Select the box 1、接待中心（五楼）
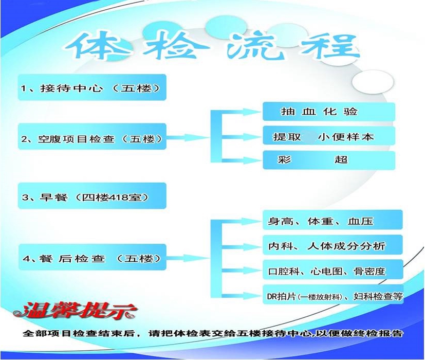click(92, 87)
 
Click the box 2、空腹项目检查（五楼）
click(92, 136)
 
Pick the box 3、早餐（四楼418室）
click(92, 195)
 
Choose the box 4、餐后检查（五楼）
click(92, 257)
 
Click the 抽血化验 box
click(329, 112)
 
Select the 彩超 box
click(329, 160)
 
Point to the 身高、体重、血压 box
click(333, 220)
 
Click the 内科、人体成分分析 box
click(333, 245)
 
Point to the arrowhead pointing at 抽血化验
click(251, 112)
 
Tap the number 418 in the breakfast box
click(114, 197)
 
